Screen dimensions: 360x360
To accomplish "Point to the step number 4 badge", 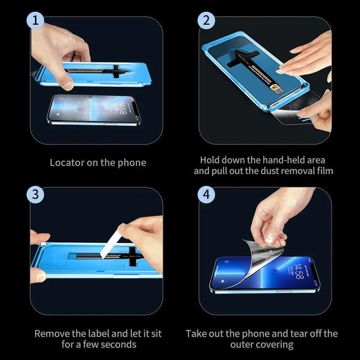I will [207, 195].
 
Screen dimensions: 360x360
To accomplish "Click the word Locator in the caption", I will [66, 162].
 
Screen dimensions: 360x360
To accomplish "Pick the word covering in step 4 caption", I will [274, 345].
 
